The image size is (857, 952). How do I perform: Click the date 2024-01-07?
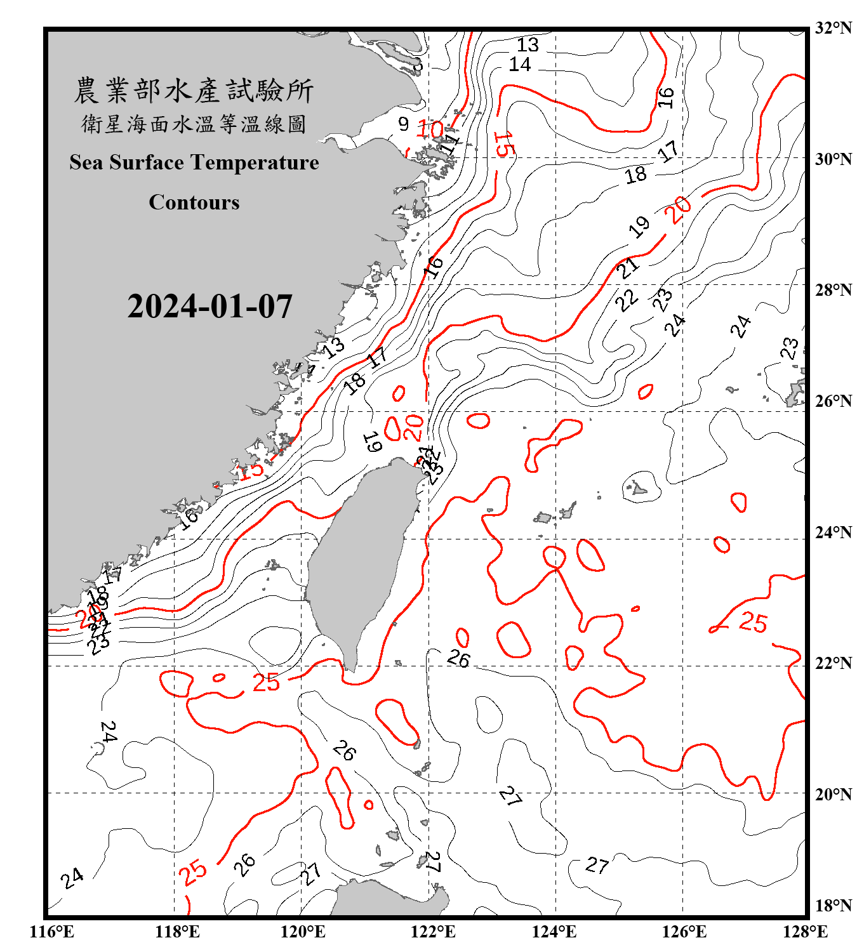[x=209, y=307]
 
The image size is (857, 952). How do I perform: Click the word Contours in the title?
[x=194, y=202]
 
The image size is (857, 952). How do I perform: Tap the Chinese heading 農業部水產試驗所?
[x=194, y=90]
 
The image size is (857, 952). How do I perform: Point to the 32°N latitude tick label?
[x=833, y=28]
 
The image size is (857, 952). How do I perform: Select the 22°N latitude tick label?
[x=833, y=664]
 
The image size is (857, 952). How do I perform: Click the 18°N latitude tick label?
[x=833, y=906]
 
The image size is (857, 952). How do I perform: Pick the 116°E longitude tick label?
[x=52, y=932]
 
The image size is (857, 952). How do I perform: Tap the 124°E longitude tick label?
[x=554, y=932]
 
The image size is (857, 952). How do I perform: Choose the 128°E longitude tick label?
[x=805, y=932]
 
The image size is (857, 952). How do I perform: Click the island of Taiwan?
[x=359, y=559]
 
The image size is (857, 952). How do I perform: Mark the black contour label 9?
[x=404, y=124]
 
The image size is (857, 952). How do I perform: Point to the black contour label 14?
[x=520, y=65]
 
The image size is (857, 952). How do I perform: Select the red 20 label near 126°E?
[x=679, y=209]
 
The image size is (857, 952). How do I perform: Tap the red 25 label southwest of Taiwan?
[x=266, y=683]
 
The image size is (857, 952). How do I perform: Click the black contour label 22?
[x=627, y=300]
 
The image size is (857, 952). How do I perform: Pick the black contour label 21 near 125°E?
[x=628, y=268]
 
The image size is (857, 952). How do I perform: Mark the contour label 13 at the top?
[x=528, y=45]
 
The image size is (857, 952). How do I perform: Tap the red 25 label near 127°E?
[x=754, y=623]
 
